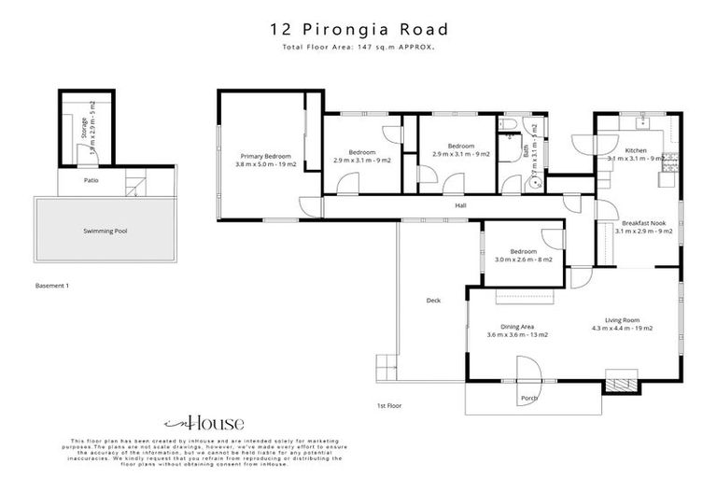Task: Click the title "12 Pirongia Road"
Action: [x=358, y=28]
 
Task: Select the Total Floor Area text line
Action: [x=358, y=45]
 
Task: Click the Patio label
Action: [x=91, y=180]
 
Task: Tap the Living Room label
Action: [x=621, y=325]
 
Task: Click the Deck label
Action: [x=433, y=300]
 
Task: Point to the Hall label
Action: [x=460, y=205]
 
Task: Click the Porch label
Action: [x=528, y=399]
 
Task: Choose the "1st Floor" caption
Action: [x=388, y=406]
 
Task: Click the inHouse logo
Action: [x=203, y=422]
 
